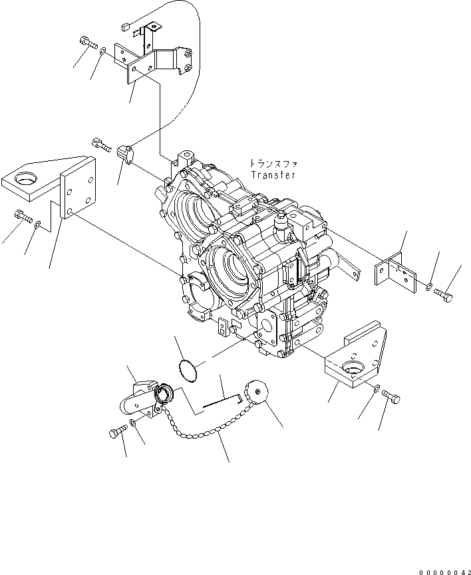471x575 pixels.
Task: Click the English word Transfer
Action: (x=273, y=175)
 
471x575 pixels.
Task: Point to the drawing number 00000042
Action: (x=444, y=570)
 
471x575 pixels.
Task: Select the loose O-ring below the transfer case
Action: (x=189, y=371)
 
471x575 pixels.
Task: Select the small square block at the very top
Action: (x=126, y=27)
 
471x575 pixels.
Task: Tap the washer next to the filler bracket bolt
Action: (x=134, y=423)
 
